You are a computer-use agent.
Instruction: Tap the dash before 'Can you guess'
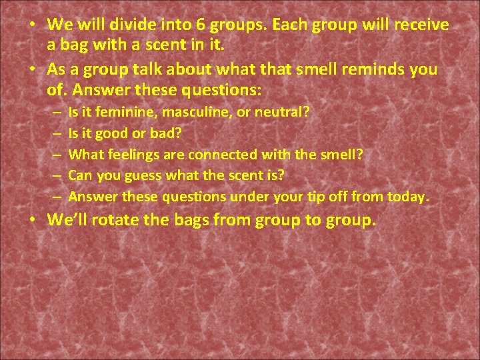point(59,175)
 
